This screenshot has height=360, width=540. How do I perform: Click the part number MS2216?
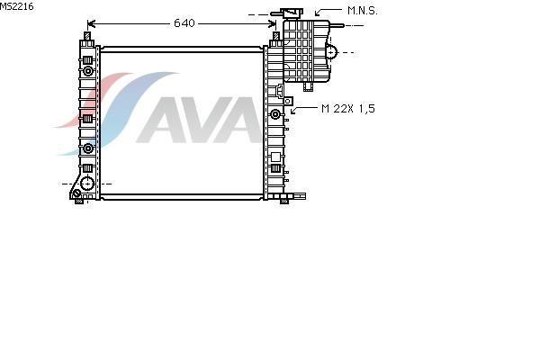coord(16,6)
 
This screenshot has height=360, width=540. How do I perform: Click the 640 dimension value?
coord(184,23)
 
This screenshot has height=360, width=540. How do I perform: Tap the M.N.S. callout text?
coord(363,11)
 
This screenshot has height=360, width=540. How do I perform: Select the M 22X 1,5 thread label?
coord(347,109)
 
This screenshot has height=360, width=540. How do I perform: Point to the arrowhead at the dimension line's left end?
coord(91,23)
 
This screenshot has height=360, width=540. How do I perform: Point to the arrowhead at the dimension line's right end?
coord(272,23)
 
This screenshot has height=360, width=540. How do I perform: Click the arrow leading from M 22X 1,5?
coord(303,110)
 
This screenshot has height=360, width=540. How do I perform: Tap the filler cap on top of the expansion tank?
coord(292,13)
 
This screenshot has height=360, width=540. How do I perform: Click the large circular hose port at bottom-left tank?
coord(87,184)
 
